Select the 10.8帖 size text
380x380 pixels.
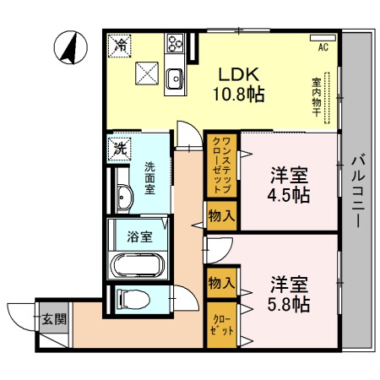237,94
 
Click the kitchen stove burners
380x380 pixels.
176,43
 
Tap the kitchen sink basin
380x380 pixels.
176,79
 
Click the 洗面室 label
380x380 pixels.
149,177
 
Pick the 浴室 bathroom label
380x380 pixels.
140,236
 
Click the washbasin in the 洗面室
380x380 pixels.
124,198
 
